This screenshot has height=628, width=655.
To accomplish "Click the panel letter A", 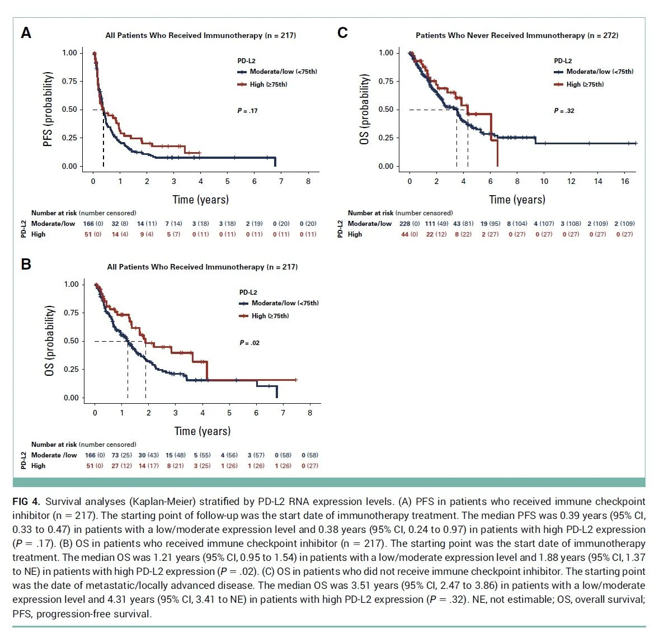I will (26, 33).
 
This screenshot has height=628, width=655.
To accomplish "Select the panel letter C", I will (342, 33).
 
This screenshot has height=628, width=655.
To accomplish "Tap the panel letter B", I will (26, 264).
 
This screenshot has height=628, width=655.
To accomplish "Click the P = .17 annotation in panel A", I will (247, 111).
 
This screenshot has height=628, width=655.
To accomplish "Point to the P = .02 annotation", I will (249, 343).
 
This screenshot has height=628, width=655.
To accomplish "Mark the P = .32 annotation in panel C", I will (564, 111).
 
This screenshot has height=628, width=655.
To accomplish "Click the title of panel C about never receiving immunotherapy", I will (517, 35).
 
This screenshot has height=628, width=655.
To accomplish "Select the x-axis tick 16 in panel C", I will (625, 181).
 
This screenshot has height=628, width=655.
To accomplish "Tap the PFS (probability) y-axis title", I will (48, 109).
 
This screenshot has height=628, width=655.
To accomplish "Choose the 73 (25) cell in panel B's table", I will (121, 455).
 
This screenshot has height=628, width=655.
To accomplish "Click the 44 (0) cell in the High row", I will (410, 234).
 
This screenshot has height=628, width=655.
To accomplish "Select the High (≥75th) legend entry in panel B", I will (264, 316).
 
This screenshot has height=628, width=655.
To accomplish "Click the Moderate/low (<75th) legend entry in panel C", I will (593, 72).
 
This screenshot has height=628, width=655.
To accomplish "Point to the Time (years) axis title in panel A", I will (200, 200).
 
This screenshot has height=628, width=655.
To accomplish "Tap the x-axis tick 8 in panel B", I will (310, 413).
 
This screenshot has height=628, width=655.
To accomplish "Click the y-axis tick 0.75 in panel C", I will (386, 81).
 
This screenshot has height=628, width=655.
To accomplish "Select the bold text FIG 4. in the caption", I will (26, 502).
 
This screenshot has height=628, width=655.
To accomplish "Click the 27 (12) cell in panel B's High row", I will (121, 466).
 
